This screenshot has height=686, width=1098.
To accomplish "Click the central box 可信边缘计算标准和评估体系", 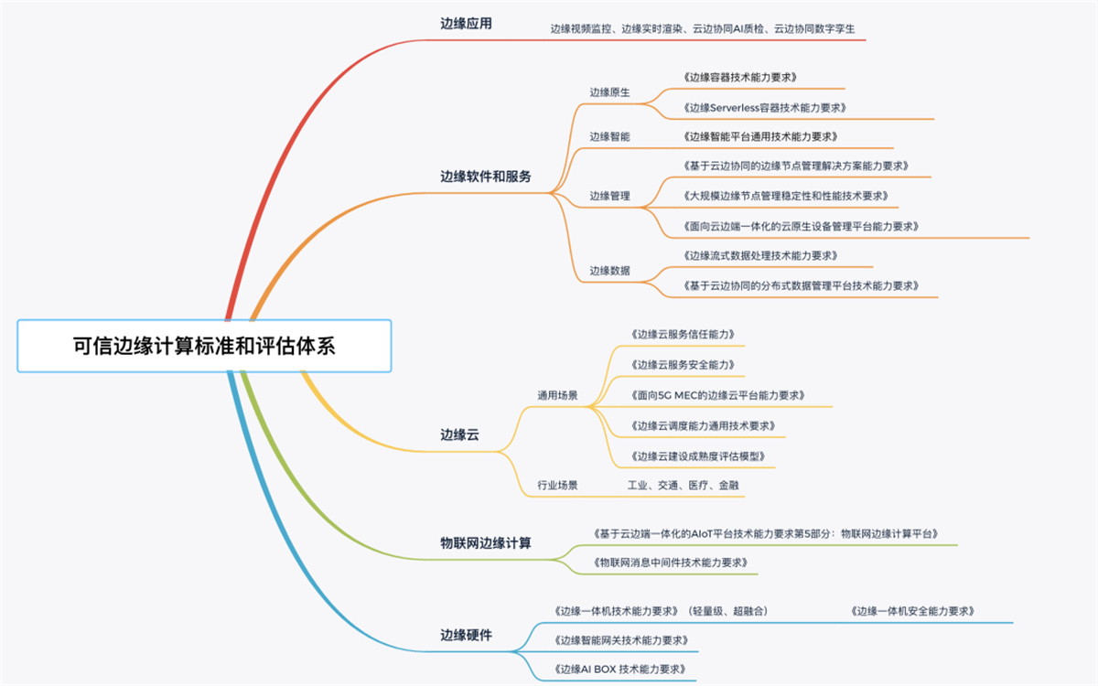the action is pos(204,346).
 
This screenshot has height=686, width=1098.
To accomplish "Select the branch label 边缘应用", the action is pos(466,24).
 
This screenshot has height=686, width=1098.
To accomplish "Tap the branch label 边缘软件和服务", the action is pos(485,177).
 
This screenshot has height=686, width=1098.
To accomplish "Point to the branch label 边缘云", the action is pos(459,434).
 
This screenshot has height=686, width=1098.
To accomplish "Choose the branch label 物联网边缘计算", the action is pos(485,543).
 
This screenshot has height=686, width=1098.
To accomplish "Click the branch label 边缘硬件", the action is pos(466,635).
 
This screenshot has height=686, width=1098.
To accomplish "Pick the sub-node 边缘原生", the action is pos(609,92).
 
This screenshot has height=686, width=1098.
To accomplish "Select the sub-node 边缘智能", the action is pos(609,136).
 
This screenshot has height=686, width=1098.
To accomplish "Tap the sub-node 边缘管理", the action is pos(609,196).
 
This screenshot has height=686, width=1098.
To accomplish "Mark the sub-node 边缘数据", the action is pos(609,271).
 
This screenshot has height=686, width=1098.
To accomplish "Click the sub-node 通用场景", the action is pos(557,395).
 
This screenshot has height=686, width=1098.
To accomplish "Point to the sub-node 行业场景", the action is pos(557,485).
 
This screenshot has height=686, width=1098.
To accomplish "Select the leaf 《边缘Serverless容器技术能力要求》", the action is pos(765,108).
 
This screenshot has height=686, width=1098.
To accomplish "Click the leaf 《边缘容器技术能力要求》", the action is pos(740,78).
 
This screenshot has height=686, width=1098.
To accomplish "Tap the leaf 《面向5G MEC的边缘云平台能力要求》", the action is pos(717,395).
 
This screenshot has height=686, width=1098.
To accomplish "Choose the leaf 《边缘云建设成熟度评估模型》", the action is pos(698,456).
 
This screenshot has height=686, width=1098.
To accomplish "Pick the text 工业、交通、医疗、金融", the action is pos(683,485).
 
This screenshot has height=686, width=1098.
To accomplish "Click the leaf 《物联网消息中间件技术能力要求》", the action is pos(670,563).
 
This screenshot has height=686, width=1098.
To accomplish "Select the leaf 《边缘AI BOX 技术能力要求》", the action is pos(620,670).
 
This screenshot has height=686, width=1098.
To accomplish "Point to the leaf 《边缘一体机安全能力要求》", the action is pos(912,612).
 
